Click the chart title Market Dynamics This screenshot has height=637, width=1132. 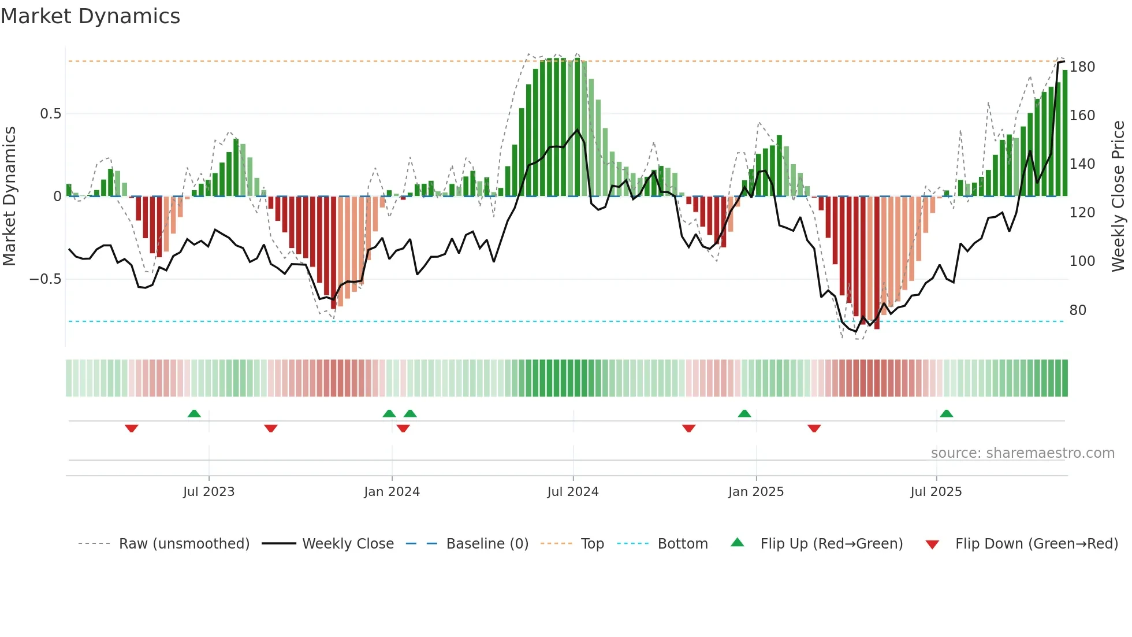(x=90, y=16)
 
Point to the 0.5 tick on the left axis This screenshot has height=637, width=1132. (x=50, y=114)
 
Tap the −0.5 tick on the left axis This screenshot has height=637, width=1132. (x=45, y=279)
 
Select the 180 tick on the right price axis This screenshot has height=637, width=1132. (x=1082, y=67)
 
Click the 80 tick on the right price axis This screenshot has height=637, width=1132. (x=1078, y=310)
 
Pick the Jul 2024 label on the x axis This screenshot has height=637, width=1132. (x=572, y=492)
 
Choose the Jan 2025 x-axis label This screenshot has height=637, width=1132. (x=755, y=492)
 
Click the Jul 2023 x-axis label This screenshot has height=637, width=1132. (x=208, y=492)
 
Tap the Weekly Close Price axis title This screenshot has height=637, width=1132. (x=1118, y=197)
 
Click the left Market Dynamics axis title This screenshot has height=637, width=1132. (x=9, y=197)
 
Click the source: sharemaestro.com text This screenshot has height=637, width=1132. (x=1022, y=453)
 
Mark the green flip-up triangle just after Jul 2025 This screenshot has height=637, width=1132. (x=946, y=414)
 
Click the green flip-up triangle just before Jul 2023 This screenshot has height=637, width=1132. (x=194, y=414)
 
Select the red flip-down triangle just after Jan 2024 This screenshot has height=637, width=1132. (x=403, y=428)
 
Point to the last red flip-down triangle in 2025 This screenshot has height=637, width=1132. (x=814, y=428)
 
